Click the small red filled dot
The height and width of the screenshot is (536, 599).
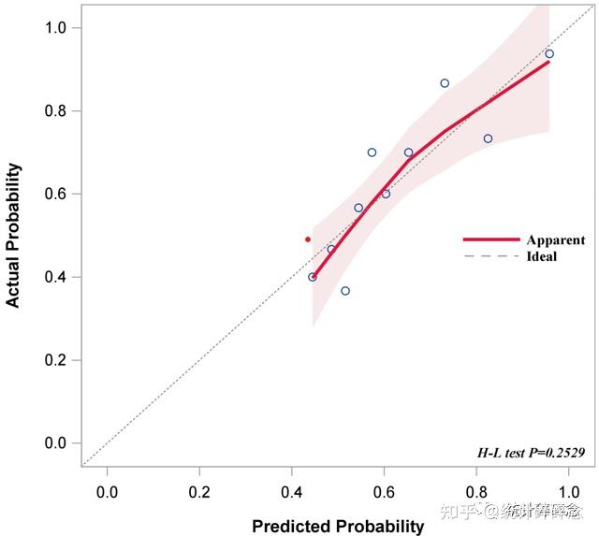click(x=307, y=239)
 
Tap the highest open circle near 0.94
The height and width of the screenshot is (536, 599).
click(x=549, y=53)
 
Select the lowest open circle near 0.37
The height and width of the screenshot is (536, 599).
click(x=345, y=291)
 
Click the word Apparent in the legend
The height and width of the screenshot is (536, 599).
click(x=556, y=240)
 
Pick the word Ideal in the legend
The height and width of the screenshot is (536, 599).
click(x=542, y=256)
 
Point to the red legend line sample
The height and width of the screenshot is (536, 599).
click(x=489, y=240)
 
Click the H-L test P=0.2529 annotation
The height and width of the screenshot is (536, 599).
click(x=531, y=454)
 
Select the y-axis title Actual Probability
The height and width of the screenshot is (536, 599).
click(x=13, y=236)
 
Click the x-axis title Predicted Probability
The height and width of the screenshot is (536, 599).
click(x=337, y=526)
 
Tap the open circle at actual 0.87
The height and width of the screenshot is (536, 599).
click(x=445, y=83)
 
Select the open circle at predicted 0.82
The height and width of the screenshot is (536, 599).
click(x=488, y=138)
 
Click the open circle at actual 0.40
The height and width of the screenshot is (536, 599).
click(x=313, y=277)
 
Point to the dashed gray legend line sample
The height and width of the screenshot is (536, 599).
click(x=489, y=256)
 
